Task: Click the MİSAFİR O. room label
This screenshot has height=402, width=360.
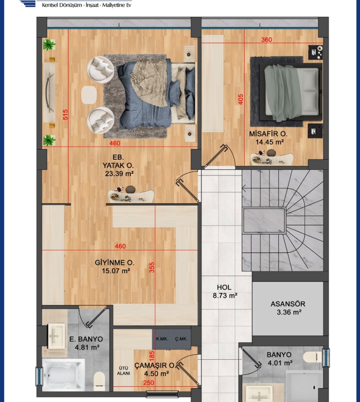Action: [x=268, y=134]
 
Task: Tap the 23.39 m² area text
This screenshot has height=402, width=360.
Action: [x=119, y=174]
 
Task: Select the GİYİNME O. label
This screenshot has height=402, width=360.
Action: [x=115, y=263]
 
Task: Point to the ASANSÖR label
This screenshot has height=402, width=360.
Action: [x=288, y=304]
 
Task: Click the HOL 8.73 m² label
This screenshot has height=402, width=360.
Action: [x=225, y=291]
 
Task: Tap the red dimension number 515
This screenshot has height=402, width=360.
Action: [x=66, y=115]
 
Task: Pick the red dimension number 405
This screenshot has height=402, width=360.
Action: [x=241, y=99]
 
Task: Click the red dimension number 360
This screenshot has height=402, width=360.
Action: [x=267, y=40]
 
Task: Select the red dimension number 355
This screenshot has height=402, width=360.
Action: [x=152, y=267]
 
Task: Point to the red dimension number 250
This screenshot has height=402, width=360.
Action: [x=148, y=383]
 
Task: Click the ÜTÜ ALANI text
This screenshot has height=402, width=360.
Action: [x=123, y=371]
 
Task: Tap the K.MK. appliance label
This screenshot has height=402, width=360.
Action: [x=162, y=339]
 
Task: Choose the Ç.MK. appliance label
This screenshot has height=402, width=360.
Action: [x=181, y=339]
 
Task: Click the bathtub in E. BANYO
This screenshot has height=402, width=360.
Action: [x=64, y=374]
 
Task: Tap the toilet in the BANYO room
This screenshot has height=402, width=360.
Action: [x=313, y=357]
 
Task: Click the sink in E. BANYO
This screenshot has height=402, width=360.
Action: [x=56, y=336]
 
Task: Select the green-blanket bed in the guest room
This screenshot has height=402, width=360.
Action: [x=291, y=92]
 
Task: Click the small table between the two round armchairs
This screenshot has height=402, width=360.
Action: [x=89, y=95]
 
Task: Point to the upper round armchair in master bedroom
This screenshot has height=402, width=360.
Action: [x=100, y=70]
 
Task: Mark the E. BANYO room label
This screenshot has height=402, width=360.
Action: [x=86, y=339]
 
